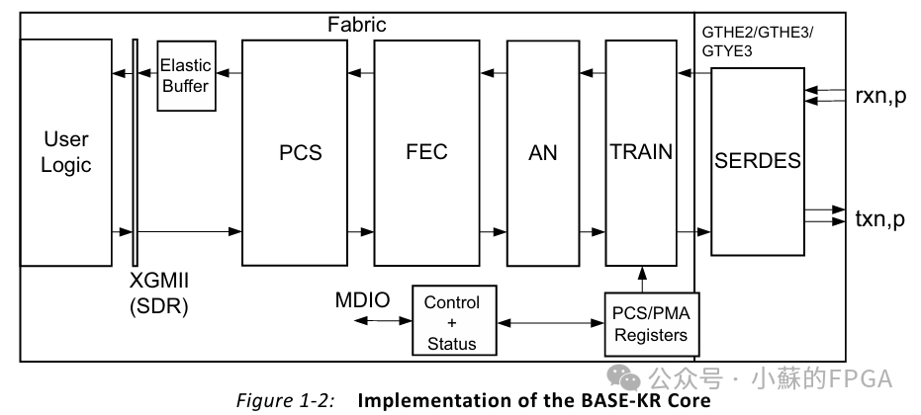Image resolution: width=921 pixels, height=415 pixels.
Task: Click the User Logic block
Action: pos(65,151)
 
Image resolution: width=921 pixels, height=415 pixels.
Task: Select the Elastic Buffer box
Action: pos(186,76)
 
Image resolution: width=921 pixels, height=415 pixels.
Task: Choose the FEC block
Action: pos(426,152)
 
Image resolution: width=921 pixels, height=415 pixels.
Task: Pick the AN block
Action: pos(543,152)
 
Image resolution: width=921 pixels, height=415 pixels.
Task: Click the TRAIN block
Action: pos(641,152)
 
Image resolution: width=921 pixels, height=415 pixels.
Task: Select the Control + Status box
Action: pos(451,322)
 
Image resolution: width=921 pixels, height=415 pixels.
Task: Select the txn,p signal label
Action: pos(879,219)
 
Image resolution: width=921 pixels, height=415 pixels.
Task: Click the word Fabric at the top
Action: pos(357,25)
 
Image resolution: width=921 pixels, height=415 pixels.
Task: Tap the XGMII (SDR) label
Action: pos(158,293)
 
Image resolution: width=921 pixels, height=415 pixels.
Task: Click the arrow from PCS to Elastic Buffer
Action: pos(230,71)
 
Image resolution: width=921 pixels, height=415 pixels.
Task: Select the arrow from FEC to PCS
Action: pos(358,71)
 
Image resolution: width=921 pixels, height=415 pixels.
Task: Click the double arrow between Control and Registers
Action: pos(551,321)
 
